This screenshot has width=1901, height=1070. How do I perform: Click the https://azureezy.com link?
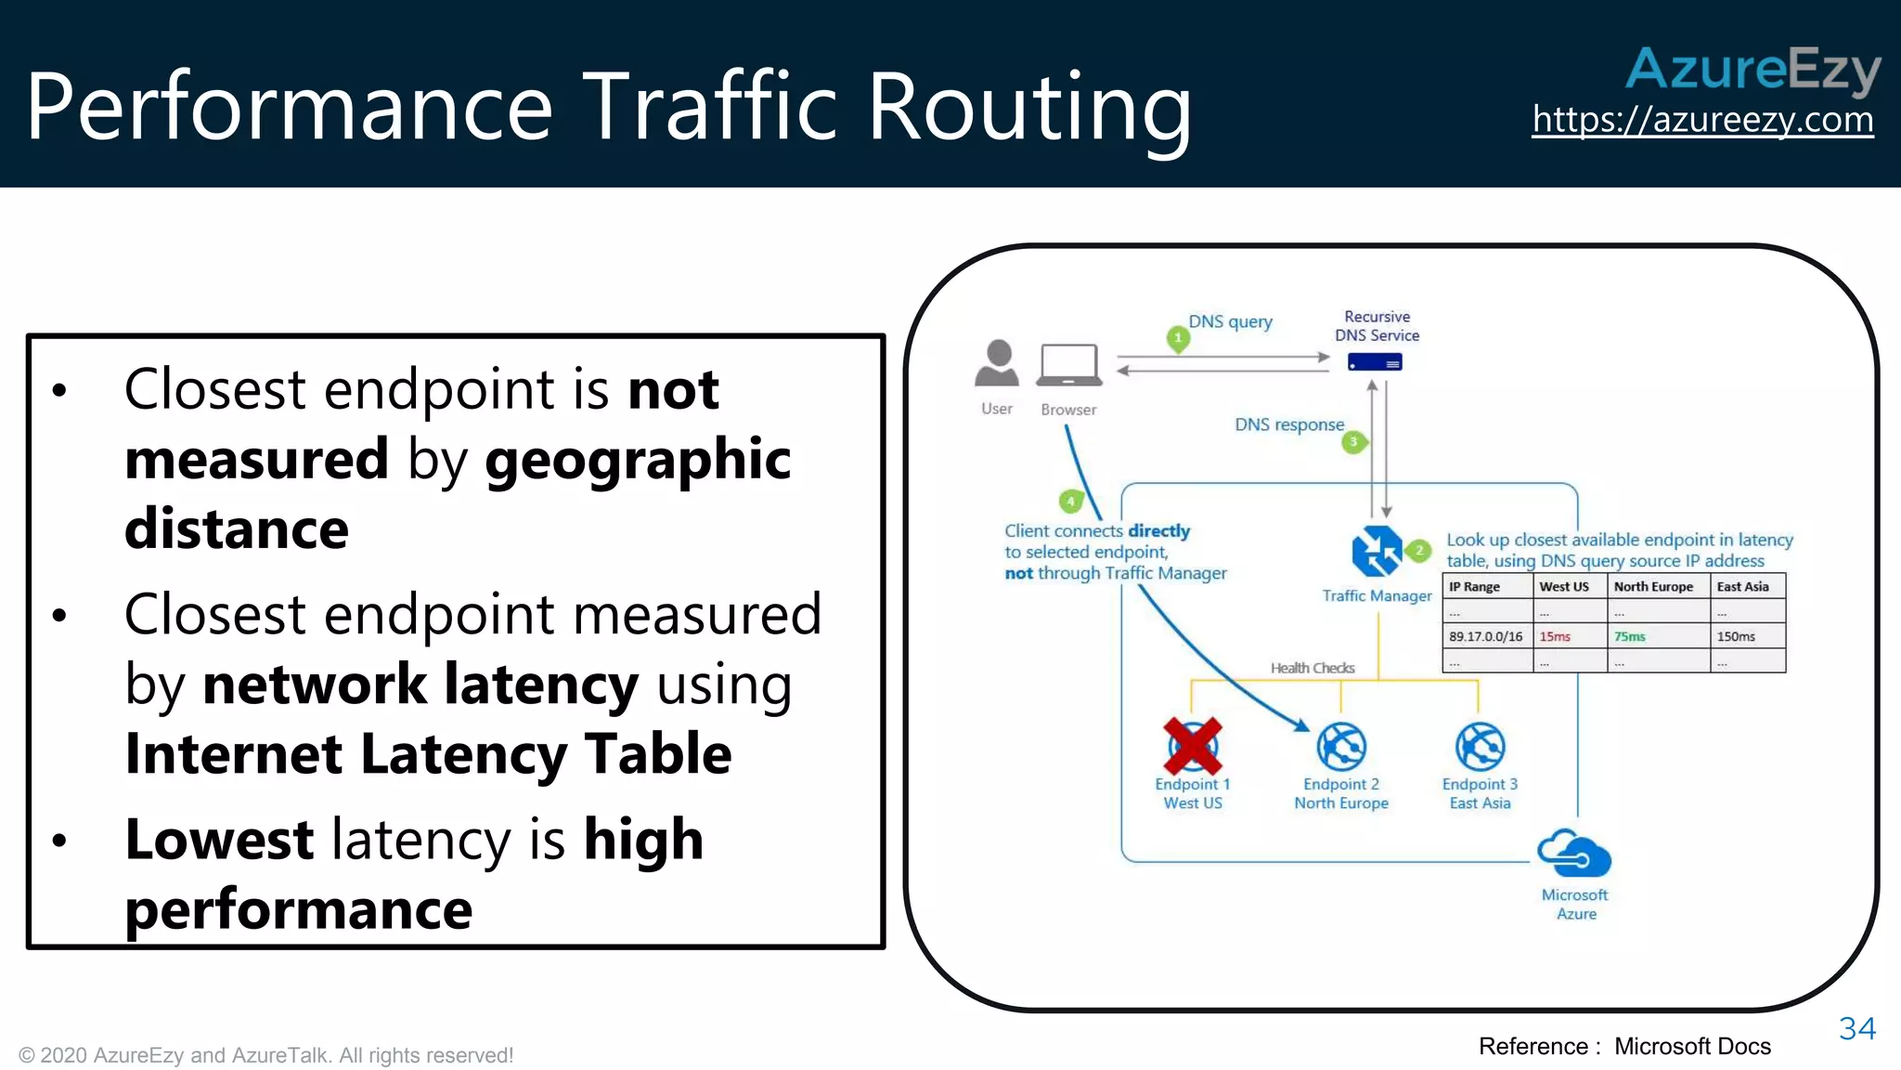coord(1702,120)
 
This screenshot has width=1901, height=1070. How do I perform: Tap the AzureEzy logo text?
coord(1752,69)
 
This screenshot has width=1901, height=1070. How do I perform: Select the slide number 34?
coord(1856,1028)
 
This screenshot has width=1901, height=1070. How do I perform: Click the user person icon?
coord(997,363)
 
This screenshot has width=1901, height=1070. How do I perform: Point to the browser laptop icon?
coord(1069,365)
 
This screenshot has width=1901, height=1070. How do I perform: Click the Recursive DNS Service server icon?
coord(1375,362)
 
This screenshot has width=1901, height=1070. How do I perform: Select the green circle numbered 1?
coord(1178,338)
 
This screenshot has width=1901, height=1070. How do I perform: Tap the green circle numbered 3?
coord(1354,442)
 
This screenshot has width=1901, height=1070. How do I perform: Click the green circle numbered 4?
coord(1070,502)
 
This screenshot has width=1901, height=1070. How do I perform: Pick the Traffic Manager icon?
coord(1377,551)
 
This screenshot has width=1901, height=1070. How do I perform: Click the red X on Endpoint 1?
coord(1193,746)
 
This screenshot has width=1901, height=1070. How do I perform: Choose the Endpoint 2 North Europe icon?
coord(1341,747)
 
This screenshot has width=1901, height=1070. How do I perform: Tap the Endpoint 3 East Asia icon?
coord(1480,747)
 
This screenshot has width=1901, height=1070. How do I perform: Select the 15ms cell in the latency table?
coord(1556,636)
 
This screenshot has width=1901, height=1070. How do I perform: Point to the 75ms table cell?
coord(1630,636)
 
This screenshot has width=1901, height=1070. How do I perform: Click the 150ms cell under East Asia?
coord(1736,636)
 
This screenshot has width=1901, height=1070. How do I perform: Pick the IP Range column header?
coord(1475,587)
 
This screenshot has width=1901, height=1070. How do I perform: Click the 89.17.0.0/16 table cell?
coord(1486,636)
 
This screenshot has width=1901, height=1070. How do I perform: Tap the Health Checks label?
coord(1313,668)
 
